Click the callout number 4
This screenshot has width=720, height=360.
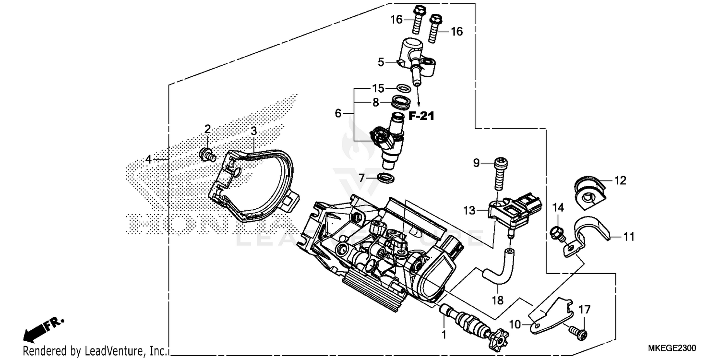click(x=149, y=159)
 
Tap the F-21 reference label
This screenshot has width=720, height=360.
click(x=421, y=116)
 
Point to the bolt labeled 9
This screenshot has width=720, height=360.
click(x=499, y=175)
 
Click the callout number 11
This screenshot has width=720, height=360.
click(x=629, y=236)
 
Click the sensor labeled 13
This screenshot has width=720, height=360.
click(x=511, y=215)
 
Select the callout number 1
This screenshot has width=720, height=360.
click(x=444, y=333)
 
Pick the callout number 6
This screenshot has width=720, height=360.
click(x=338, y=114)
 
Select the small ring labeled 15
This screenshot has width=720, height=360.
click(x=404, y=88)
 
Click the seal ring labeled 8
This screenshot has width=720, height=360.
click(x=400, y=102)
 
